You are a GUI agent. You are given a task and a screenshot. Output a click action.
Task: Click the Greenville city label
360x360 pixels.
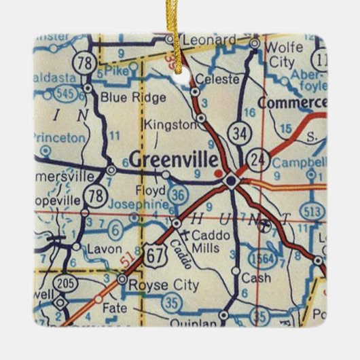point(174,160)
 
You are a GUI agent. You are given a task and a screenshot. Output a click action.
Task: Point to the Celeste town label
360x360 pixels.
point(217,79)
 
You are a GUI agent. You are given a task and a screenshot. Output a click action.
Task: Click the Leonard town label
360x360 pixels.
point(209,39)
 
